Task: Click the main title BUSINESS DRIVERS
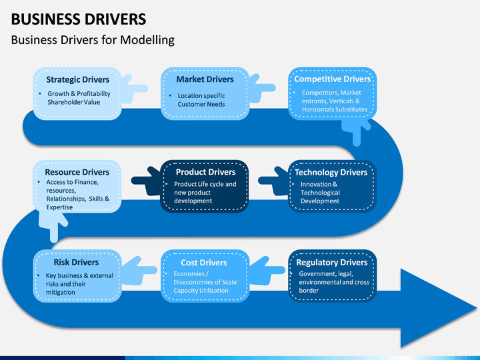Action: click(x=79, y=19)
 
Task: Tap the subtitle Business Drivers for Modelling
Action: click(x=93, y=40)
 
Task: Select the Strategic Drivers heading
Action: click(x=78, y=79)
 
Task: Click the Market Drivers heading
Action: click(x=205, y=79)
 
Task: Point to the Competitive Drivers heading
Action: click(x=333, y=79)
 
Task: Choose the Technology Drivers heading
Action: click(x=331, y=173)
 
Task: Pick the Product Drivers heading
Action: click(x=206, y=172)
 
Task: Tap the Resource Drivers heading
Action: click(x=77, y=172)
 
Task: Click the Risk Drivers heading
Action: click(x=76, y=263)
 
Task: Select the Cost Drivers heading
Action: click(x=204, y=263)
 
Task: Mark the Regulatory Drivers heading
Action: click(x=332, y=263)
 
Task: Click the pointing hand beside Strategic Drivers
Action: click(x=134, y=89)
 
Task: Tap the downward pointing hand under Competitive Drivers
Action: click(x=357, y=131)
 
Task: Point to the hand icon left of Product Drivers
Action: click(x=146, y=181)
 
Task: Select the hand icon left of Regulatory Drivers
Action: click(x=267, y=270)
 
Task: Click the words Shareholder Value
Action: click(x=74, y=102)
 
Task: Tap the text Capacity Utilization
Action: click(x=201, y=291)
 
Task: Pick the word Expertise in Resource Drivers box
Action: click(x=59, y=207)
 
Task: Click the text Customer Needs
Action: click(x=201, y=105)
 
